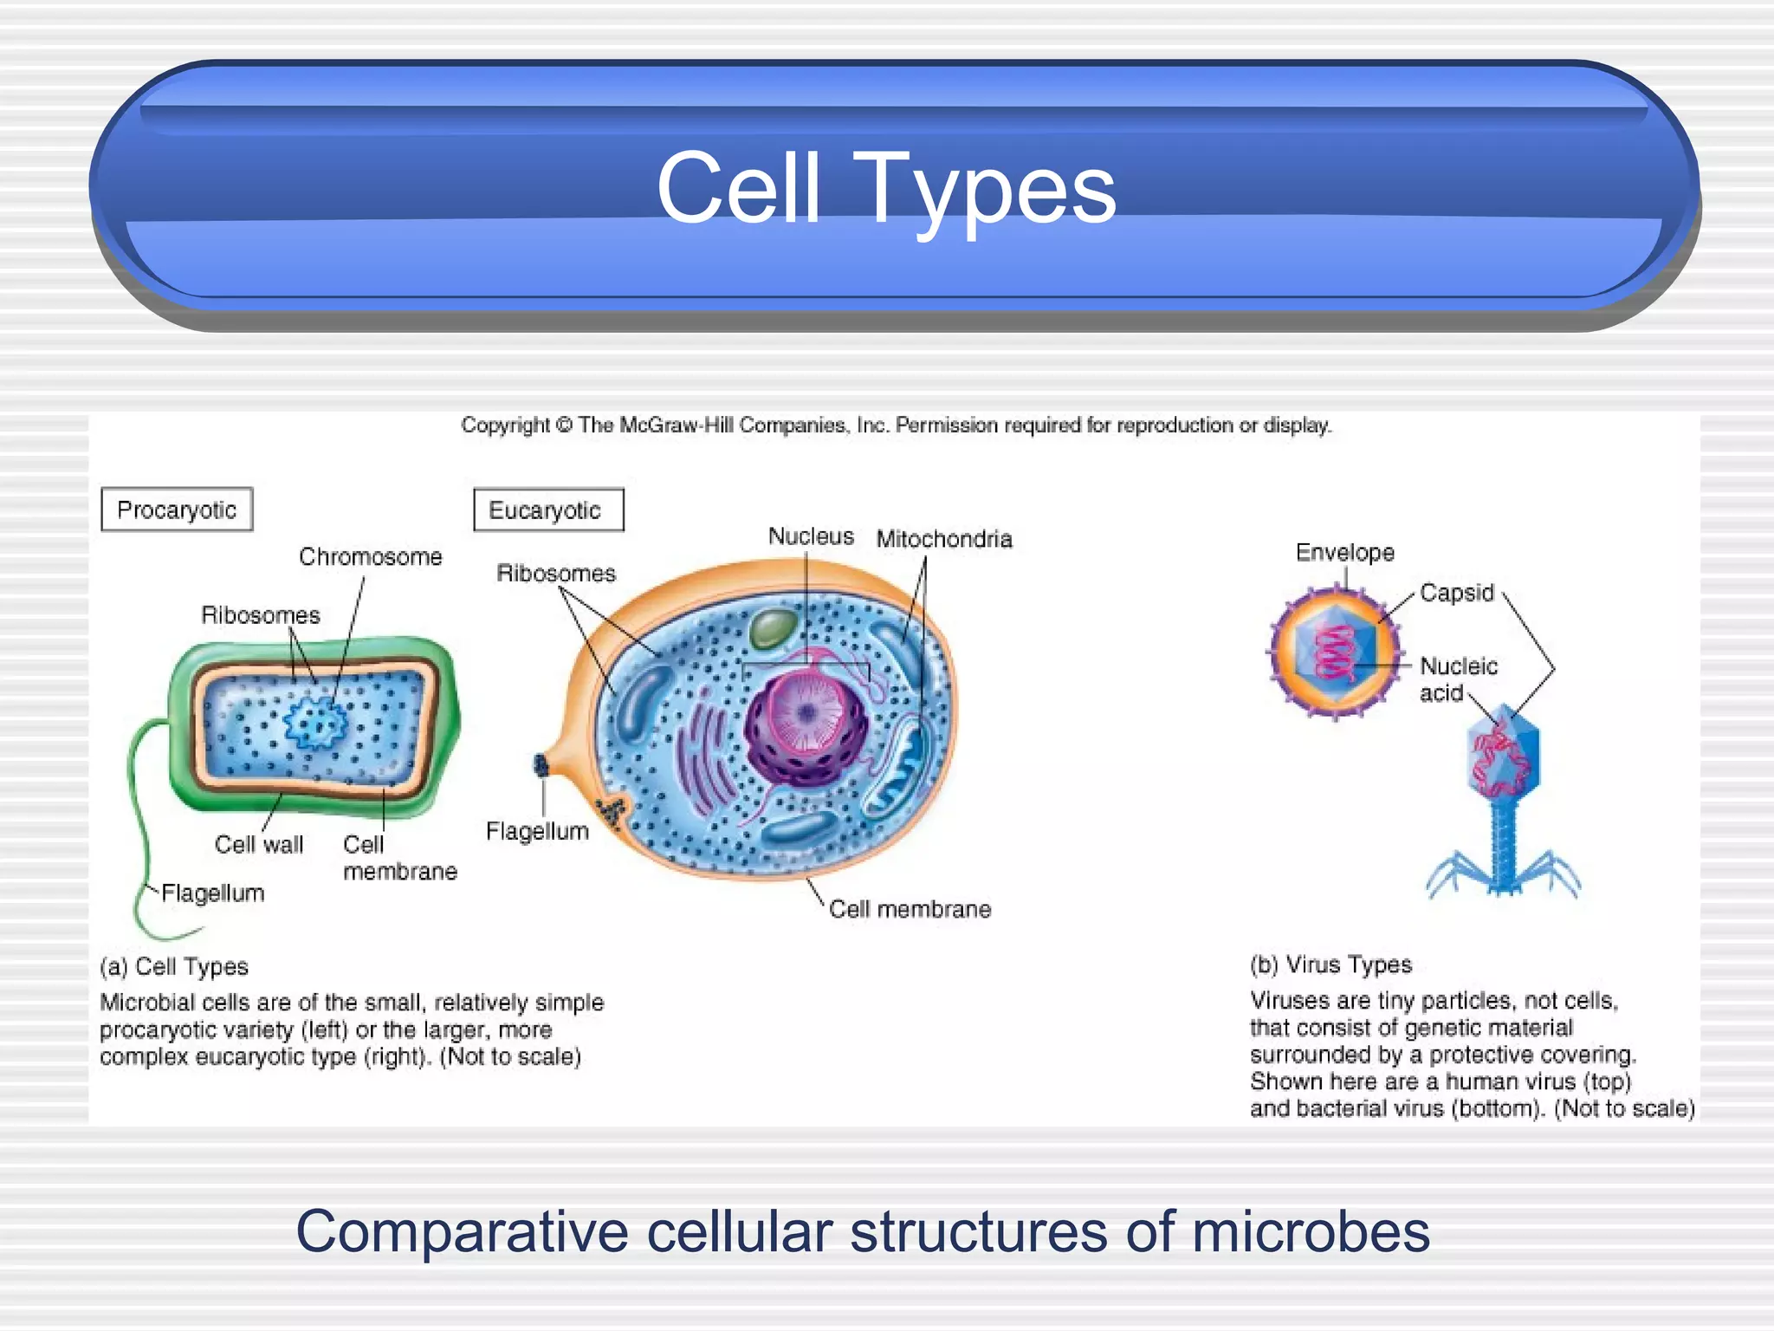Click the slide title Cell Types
click(x=886, y=188)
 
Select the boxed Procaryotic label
click(x=177, y=510)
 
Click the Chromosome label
click(x=370, y=556)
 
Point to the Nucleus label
click(x=811, y=536)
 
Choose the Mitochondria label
click(x=944, y=539)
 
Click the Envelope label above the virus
click(x=1344, y=552)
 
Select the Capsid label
click(x=1457, y=593)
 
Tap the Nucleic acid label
click(x=1457, y=678)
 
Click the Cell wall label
click(x=258, y=844)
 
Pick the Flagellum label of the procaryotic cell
click(x=213, y=893)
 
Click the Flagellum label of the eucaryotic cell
click(x=537, y=831)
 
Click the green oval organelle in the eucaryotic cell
click(x=773, y=627)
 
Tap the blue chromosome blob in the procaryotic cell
click(x=315, y=724)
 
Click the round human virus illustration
click(x=1335, y=652)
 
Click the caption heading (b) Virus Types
click(x=1330, y=964)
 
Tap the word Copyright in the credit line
click(x=505, y=425)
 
